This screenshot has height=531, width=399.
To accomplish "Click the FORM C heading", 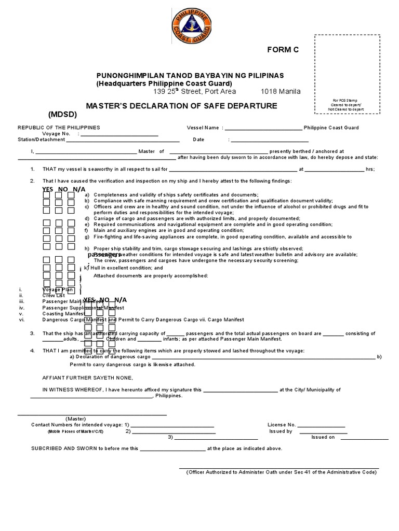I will (283, 50).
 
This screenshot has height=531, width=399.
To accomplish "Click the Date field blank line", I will (270, 141).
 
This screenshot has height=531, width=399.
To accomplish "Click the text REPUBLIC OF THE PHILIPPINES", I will (59, 128).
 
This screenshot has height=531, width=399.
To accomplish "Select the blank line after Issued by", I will (323, 432).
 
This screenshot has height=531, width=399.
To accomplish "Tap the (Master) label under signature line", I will (75, 418).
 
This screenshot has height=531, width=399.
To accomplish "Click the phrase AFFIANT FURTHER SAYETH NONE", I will (84, 378).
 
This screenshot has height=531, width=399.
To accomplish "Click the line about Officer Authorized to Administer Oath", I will (281, 472).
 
